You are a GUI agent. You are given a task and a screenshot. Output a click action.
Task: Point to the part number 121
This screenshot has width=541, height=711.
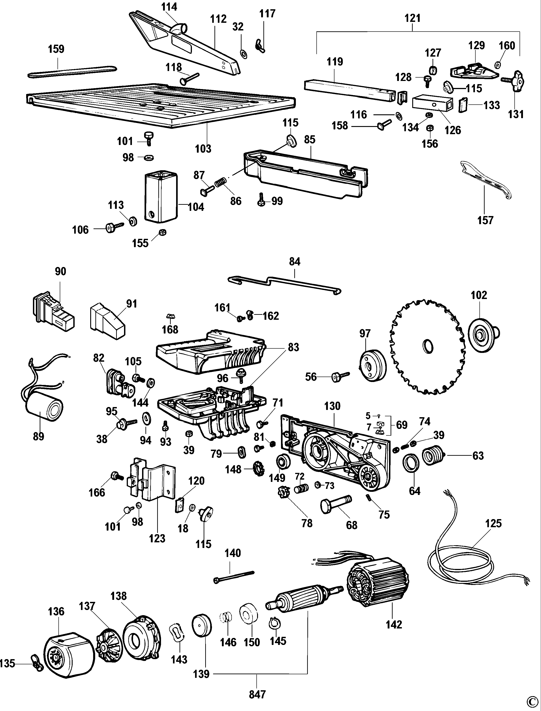[x=412, y=18]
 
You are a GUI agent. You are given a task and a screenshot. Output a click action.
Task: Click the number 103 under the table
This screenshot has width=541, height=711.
[x=203, y=149]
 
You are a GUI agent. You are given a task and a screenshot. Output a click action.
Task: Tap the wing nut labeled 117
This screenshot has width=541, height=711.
[x=260, y=45]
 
